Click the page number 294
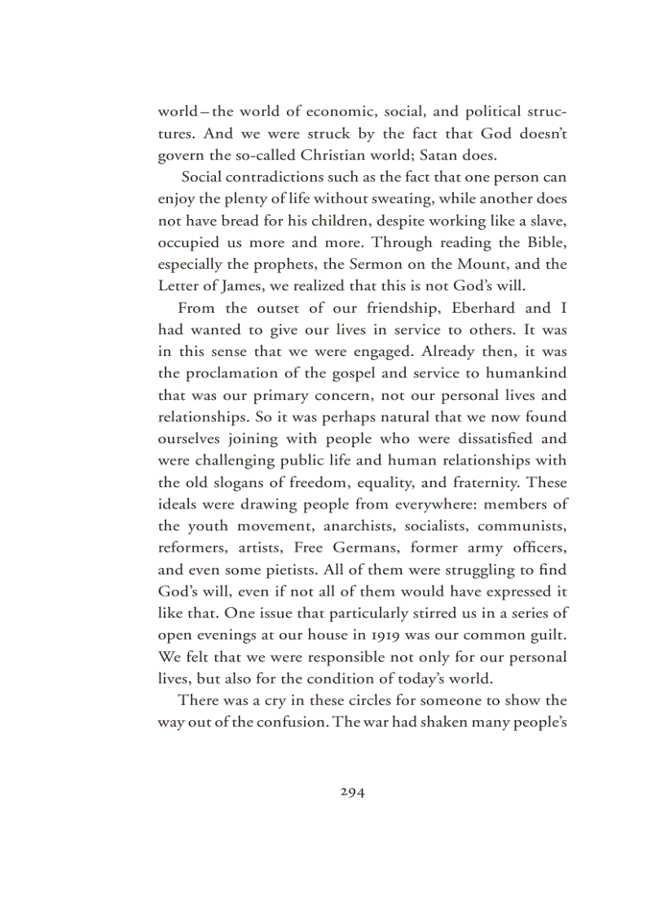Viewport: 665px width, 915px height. (352, 791)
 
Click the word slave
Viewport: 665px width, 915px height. (548, 221)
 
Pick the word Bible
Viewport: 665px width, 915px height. (546, 243)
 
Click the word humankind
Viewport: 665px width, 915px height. (524, 375)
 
